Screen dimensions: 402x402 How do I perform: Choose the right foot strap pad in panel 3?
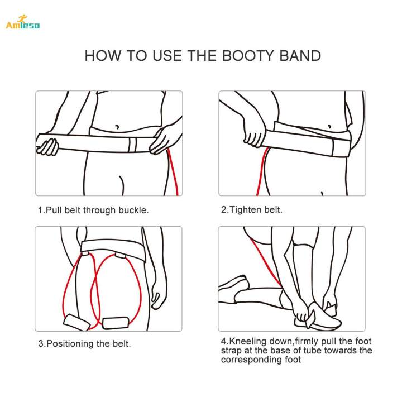pos(116,323)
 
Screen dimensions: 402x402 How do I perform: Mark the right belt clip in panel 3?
pos(120,255)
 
